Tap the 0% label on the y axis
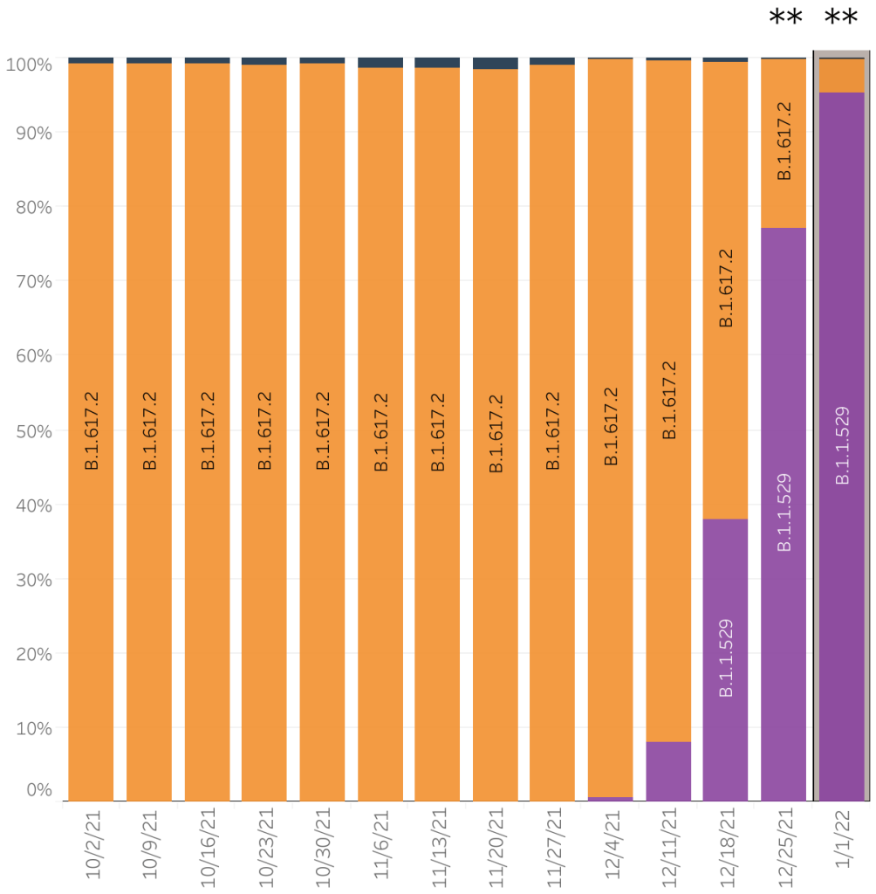[36, 789]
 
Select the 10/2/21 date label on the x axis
[92, 842]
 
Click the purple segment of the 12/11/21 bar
[668, 771]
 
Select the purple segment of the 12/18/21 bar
[725, 659]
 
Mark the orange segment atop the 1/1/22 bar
[842, 75]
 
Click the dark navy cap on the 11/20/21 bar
[496, 64]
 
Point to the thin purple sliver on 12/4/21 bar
[611, 798]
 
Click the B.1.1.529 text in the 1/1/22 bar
[842, 445]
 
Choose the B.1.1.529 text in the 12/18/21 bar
[726, 658]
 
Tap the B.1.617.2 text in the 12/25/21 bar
[784, 141]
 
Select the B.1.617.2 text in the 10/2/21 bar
[92, 431]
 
